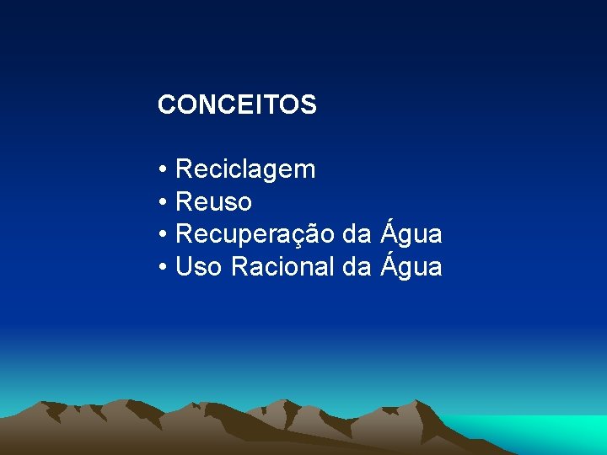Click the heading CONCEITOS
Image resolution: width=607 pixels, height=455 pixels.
(237, 105)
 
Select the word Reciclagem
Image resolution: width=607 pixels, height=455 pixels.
(245, 170)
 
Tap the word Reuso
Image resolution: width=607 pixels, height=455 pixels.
(213, 202)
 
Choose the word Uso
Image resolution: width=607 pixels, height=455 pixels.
(199, 267)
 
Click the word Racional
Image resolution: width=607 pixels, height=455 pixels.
(283, 267)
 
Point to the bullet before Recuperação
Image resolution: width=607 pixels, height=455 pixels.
(162, 235)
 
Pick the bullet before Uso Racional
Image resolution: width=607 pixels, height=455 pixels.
(162, 268)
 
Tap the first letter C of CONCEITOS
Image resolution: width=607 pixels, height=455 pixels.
(165, 105)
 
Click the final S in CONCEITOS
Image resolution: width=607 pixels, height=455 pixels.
(309, 105)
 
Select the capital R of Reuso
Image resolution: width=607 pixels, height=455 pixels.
(184, 202)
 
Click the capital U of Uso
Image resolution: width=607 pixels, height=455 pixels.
(184, 267)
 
